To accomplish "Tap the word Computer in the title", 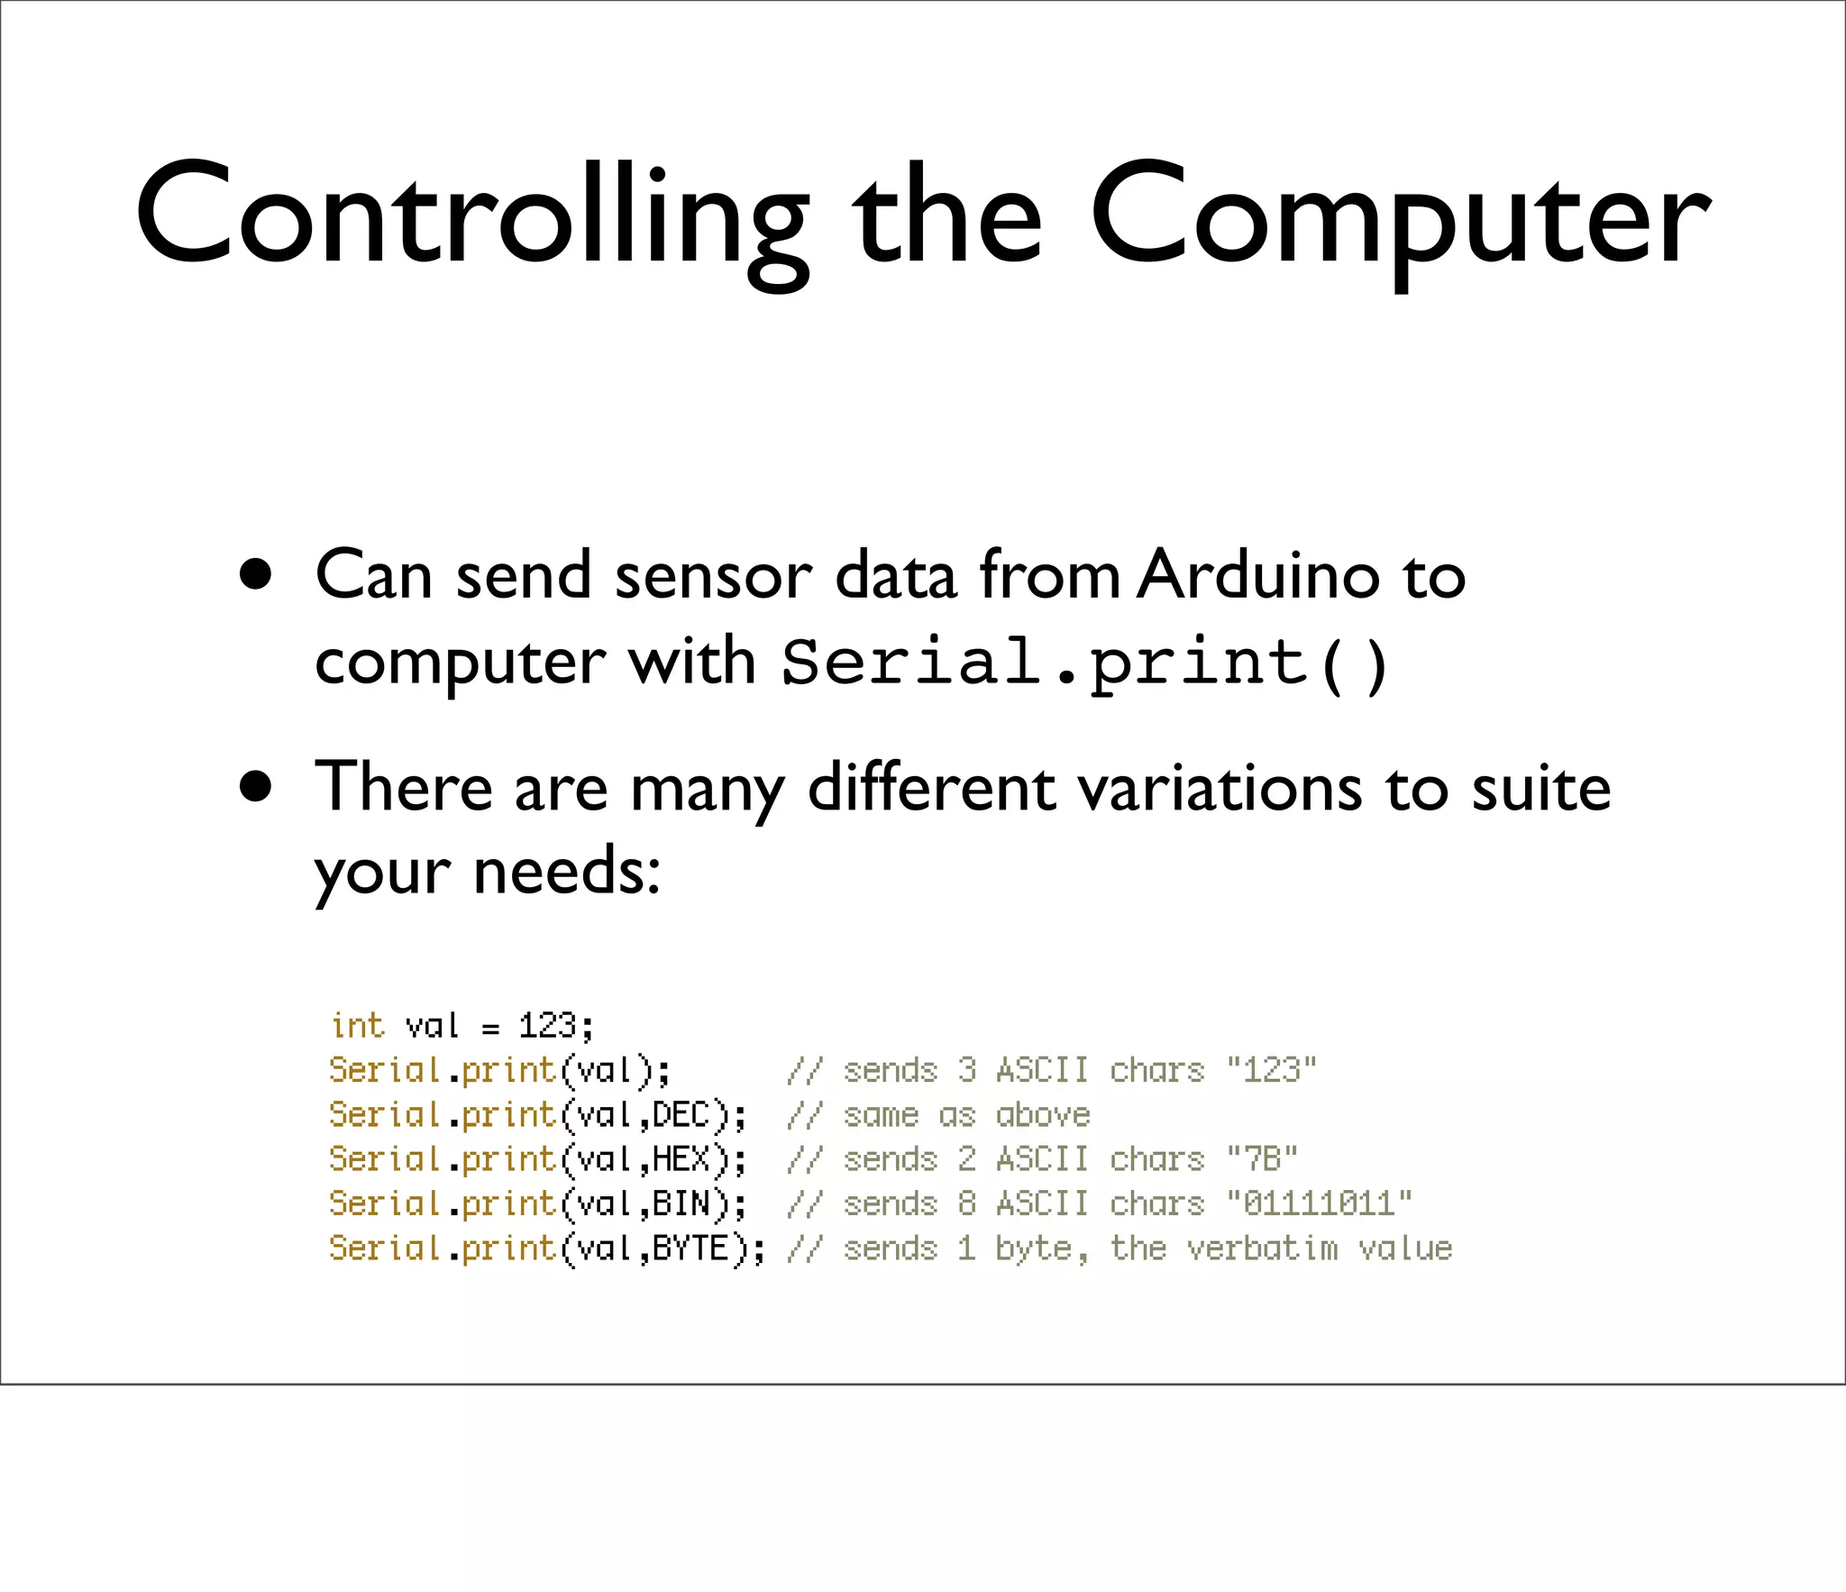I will point(1400,216).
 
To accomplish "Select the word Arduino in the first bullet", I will point(1257,574).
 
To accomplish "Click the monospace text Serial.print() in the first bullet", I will point(1085,663).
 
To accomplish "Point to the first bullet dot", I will point(256,574).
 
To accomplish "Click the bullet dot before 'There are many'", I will point(256,786).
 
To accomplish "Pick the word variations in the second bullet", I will point(1220,787).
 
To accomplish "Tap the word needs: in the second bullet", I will point(567,872).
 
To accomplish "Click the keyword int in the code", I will point(358,1026).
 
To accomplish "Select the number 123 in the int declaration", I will point(547,1026).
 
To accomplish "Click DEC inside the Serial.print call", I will point(681,1115).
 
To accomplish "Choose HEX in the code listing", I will point(681,1159).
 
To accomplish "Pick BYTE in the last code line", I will point(690,1249).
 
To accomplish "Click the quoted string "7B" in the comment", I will point(1262,1159).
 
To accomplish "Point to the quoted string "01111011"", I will point(1319,1204).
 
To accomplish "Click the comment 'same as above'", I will point(966,1115).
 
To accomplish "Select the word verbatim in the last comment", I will point(1262,1249).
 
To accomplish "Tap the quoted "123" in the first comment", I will point(1271,1070).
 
